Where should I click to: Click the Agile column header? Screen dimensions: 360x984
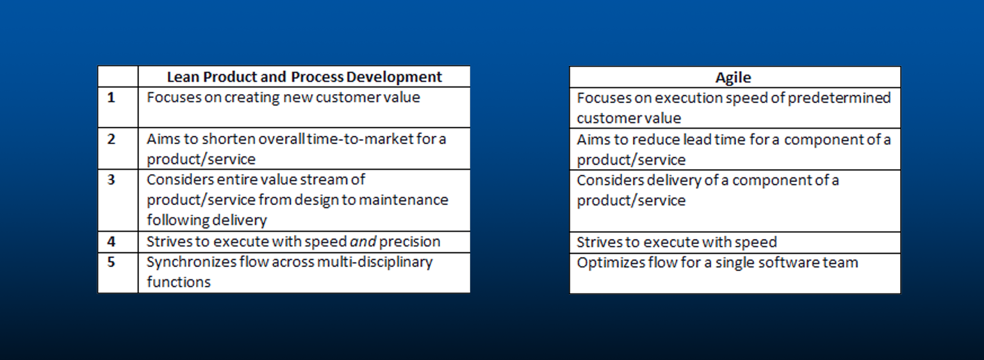[x=734, y=78]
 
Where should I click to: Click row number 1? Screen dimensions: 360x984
[x=111, y=98]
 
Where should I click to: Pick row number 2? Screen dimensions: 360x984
[x=111, y=139]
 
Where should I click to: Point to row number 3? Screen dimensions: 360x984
[x=111, y=180]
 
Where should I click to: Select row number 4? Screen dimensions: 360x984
[x=111, y=242]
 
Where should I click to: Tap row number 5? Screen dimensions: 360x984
[x=111, y=263]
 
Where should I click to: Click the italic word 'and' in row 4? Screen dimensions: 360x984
[x=363, y=242]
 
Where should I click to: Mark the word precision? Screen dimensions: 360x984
[x=410, y=242]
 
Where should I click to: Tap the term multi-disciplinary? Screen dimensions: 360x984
[x=368, y=262]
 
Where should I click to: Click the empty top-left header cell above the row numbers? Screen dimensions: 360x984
[x=118, y=77]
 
